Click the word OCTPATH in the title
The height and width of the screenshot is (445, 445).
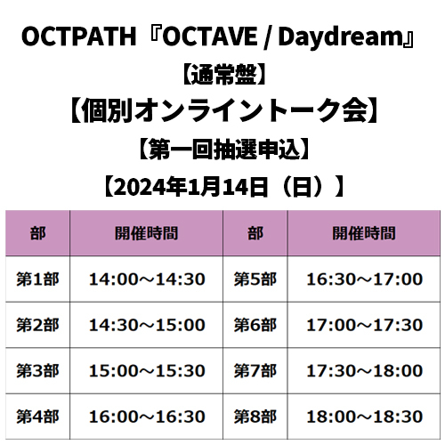[x=78, y=36]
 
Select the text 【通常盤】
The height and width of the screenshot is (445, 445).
[x=223, y=75]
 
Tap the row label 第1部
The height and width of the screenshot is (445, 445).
[x=37, y=279]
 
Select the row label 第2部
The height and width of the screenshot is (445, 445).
[x=37, y=325]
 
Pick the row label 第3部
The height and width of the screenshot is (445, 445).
[x=37, y=371]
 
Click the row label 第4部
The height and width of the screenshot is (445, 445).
[x=37, y=417]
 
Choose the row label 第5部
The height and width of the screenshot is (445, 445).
[x=255, y=279]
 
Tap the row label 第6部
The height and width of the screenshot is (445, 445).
[x=255, y=325]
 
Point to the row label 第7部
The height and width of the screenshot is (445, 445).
[x=255, y=371]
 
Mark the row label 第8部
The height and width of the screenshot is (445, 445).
[x=255, y=417]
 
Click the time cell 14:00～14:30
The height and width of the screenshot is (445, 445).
[x=147, y=279]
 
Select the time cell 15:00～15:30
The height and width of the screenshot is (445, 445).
[x=147, y=371]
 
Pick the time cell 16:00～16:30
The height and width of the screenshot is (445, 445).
[x=147, y=417]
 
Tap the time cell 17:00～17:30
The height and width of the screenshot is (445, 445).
[x=364, y=325]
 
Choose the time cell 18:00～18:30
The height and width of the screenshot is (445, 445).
[x=364, y=417]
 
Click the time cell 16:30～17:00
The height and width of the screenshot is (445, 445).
[x=364, y=279]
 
